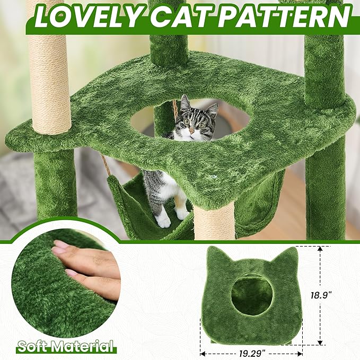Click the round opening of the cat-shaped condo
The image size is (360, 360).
pos(252,295)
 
